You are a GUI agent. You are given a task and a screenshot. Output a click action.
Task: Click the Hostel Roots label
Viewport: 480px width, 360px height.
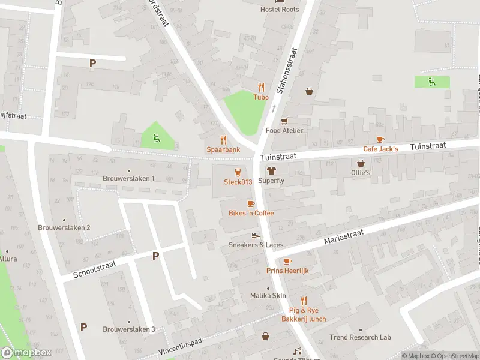coord(279,10)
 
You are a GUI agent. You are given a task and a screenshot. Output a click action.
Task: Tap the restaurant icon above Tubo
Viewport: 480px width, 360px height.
coord(261,87)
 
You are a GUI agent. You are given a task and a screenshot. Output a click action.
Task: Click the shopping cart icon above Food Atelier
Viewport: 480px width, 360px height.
coord(284,121)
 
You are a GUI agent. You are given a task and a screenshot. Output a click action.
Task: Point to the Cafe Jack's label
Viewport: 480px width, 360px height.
coord(380,148)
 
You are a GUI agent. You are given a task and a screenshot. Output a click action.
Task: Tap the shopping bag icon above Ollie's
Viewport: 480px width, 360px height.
coord(361,163)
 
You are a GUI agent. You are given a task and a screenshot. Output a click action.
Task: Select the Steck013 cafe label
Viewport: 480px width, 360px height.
coord(238,182)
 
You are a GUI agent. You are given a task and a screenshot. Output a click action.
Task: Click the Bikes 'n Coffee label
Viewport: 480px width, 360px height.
coord(251,213)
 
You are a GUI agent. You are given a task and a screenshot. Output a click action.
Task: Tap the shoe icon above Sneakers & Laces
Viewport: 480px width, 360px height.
coord(256,235)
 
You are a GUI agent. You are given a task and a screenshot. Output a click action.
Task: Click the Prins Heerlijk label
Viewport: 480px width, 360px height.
coord(287,271)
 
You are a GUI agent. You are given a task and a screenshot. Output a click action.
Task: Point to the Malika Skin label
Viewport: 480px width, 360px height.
coord(268,296)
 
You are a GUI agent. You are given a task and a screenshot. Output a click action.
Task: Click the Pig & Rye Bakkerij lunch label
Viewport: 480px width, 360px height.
coord(304,314)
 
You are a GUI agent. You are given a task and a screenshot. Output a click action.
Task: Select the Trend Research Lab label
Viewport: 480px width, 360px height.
coord(360,337)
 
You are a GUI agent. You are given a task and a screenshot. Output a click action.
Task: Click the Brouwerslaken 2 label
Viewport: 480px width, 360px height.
coord(64,227)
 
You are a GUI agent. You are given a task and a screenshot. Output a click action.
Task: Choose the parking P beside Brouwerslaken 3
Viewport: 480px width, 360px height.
coord(83,328)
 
